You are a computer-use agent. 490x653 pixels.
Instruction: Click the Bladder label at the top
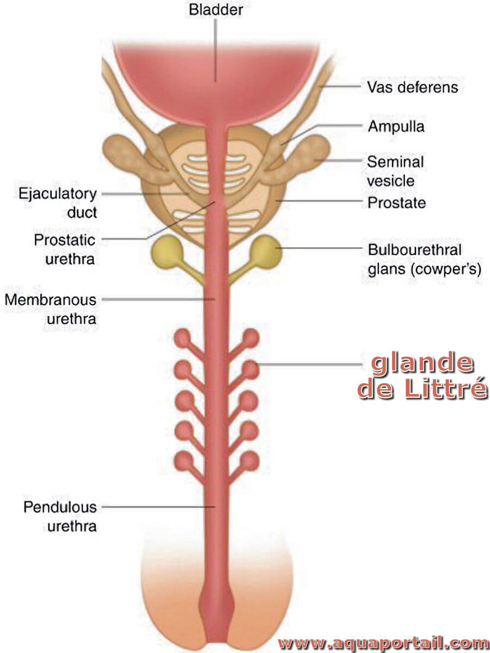click(x=216, y=10)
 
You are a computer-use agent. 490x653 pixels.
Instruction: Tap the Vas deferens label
click(x=412, y=87)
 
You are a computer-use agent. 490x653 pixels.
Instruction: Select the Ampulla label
click(x=396, y=126)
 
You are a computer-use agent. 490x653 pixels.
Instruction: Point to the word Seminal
click(x=395, y=162)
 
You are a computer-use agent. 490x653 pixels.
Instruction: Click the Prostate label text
click(x=396, y=202)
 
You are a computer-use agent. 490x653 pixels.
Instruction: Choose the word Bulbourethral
click(x=415, y=249)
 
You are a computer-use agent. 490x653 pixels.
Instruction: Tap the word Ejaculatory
click(x=58, y=194)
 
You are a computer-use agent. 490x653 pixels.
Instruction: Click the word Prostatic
click(x=65, y=240)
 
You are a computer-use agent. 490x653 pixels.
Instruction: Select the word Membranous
click(x=51, y=300)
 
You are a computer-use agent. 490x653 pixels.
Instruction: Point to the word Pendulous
click(x=60, y=507)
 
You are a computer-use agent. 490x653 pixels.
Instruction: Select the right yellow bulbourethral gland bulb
click(x=267, y=252)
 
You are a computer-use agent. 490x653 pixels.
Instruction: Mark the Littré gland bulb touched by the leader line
click(x=250, y=369)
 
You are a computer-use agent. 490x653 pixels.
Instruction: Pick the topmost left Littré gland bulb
click(x=182, y=338)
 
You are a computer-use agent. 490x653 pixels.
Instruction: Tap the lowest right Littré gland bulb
click(x=249, y=461)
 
